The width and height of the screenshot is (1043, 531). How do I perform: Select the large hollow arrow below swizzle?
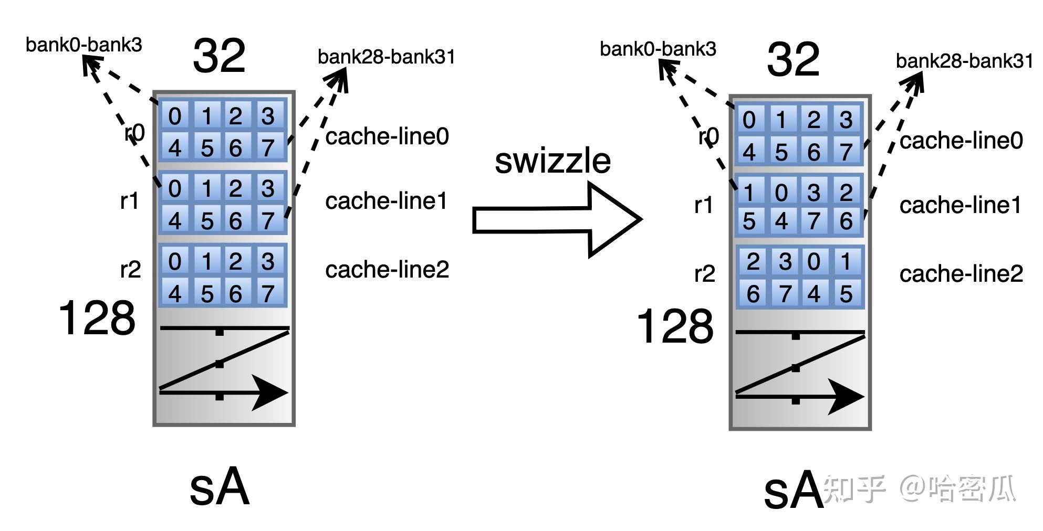point(557,220)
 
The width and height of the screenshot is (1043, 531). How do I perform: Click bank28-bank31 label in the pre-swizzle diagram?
point(386,57)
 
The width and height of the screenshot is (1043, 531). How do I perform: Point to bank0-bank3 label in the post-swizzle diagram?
point(658,49)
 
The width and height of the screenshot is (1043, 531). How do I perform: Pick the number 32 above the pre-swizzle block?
point(219,56)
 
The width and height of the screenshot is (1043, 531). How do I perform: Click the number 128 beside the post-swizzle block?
point(675,326)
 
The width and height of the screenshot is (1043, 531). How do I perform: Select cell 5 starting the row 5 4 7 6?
point(749,221)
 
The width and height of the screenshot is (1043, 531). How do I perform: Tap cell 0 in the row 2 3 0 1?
point(813,261)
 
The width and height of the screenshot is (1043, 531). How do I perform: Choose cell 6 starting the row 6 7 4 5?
point(753,294)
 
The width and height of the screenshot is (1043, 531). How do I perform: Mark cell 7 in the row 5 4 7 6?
point(813,221)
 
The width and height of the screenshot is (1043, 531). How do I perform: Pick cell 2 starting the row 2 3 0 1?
point(753,261)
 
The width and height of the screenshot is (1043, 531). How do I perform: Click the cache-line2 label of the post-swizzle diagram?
point(961,274)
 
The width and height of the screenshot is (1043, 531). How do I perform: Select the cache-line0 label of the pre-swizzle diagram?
point(387,136)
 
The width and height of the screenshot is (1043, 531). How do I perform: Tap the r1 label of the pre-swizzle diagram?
point(130,201)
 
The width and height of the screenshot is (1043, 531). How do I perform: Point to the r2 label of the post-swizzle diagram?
point(704,274)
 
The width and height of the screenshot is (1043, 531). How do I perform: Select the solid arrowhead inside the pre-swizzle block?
point(270,392)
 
